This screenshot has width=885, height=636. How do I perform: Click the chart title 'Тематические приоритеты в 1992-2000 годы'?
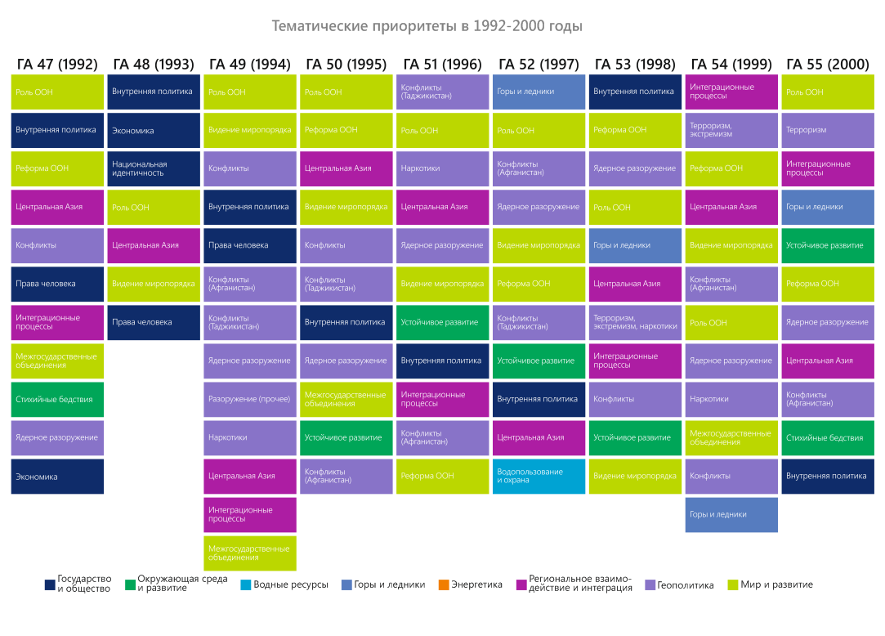tap(427, 26)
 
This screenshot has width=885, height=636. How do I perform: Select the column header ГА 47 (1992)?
tap(57, 65)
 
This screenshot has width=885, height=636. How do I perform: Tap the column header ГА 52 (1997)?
tap(539, 65)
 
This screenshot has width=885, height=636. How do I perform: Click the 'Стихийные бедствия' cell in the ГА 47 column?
tap(57, 400)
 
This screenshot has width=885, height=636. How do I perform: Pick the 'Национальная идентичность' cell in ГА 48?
tap(154, 168)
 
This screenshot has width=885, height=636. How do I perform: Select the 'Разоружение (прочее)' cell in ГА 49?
tap(249, 400)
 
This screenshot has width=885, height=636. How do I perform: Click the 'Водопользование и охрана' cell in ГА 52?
tap(539, 476)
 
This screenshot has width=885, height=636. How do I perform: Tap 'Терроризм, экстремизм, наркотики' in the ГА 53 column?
tap(635, 322)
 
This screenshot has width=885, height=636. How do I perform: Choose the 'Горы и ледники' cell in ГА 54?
tap(731, 514)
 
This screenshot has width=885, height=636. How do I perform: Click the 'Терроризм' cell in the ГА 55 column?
tap(827, 130)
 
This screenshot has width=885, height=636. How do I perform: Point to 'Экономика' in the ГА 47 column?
tap(57, 477)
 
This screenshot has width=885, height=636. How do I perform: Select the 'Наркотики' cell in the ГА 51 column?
tap(442, 168)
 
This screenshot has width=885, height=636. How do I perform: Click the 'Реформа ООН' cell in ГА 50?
tap(346, 130)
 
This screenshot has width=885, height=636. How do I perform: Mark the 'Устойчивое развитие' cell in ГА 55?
tap(827, 245)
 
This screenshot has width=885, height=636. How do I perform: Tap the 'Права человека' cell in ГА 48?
tap(154, 322)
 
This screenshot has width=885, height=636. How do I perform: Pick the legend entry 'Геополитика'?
tap(679, 584)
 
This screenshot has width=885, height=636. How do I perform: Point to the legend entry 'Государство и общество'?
tap(78, 584)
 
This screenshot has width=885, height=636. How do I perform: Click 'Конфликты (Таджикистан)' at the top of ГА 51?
tap(442, 92)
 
